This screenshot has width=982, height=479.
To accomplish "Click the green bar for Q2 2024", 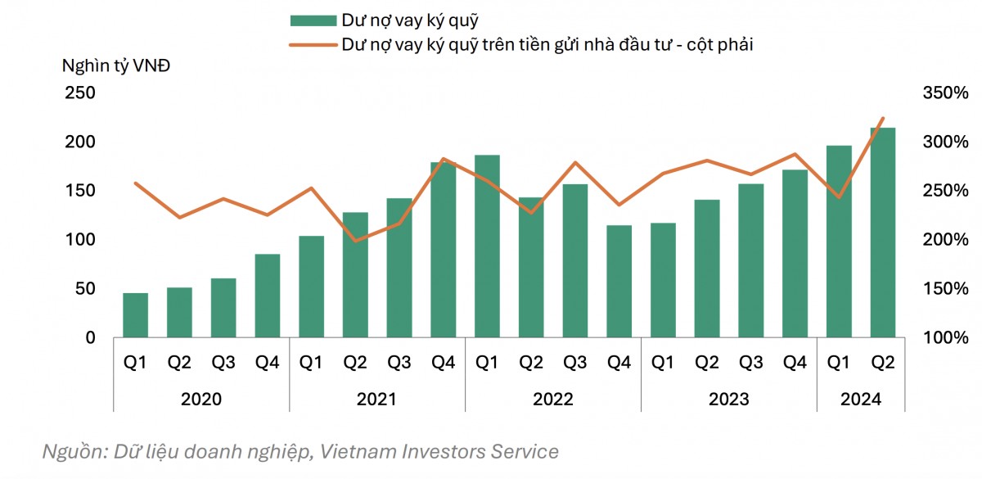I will (883, 233).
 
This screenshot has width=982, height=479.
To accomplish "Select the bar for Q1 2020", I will (135, 315).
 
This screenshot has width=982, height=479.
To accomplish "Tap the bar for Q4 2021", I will (443, 250).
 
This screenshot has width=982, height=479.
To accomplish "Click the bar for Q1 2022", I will (487, 246).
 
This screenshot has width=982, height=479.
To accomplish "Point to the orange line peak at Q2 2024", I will (883, 118).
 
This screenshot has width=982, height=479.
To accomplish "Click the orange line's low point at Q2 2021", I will (355, 241).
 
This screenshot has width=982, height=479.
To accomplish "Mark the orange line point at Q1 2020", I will (135, 183).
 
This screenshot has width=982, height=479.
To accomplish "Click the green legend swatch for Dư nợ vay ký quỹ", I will (313, 20).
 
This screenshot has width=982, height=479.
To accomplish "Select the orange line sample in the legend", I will (313, 45).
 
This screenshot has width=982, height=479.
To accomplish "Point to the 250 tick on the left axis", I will (80, 93).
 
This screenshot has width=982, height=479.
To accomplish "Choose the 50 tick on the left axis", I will (85, 289).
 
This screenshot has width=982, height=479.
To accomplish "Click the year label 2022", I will (553, 400).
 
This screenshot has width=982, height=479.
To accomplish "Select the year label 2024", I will (861, 400).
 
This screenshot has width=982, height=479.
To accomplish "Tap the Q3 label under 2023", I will (750, 362).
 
